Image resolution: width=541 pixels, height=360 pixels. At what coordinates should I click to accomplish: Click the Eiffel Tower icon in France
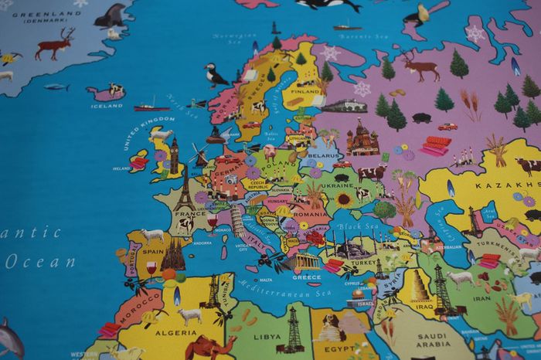[x=184, y=192]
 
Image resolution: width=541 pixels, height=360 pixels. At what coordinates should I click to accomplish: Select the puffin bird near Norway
[x=214, y=74]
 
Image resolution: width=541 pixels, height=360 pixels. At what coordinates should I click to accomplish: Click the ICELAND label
[x=107, y=106]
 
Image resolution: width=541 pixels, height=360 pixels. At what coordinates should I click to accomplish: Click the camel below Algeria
[x=209, y=348]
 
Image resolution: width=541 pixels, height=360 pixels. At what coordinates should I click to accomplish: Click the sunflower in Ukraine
[x=343, y=199]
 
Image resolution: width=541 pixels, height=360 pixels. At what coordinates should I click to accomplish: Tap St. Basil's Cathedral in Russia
[x=361, y=139]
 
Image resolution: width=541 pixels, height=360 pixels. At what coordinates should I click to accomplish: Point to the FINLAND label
[x=308, y=90]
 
